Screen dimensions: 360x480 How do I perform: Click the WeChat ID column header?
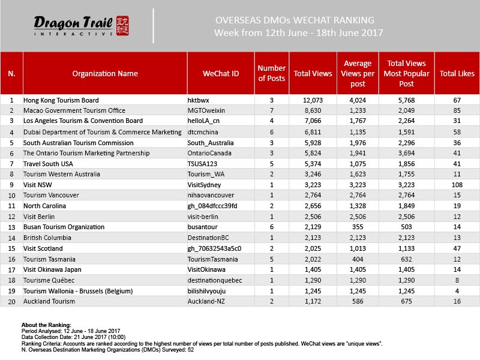(221, 74)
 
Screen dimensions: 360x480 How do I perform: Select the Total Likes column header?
(457, 74)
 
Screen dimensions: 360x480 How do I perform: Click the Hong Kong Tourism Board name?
(61, 100)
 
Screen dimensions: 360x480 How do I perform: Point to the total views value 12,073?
(312, 100)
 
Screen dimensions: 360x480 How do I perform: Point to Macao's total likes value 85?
(457, 111)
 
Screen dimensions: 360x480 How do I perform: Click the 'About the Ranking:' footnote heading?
(46, 324)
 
